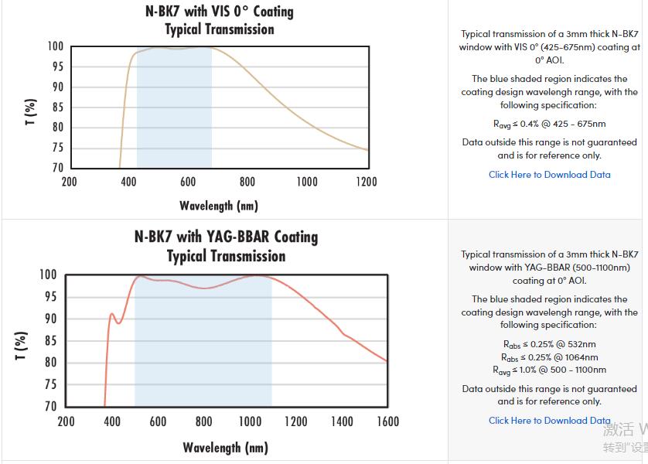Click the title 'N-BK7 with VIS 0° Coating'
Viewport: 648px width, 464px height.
coord(220,12)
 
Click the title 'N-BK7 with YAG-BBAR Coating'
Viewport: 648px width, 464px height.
coord(226,237)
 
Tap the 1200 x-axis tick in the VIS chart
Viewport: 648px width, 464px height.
coord(367,182)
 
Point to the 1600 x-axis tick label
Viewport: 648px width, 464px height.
coord(388,421)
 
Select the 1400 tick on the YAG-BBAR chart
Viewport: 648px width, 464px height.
coord(342,421)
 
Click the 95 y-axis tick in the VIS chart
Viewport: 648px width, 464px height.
coord(56,67)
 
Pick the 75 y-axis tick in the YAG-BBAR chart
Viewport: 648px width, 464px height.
coord(49,384)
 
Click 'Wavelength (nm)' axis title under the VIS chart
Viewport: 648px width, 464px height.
coord(219,206)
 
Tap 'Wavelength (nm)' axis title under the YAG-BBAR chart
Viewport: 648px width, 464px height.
coord(225,447)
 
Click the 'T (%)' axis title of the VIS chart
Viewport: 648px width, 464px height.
coord(30,112)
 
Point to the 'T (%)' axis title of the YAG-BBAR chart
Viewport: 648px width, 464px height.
coord(22,345)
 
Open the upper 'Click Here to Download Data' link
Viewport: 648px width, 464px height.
coord(549,175)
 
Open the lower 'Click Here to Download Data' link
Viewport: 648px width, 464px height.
coord(549,421)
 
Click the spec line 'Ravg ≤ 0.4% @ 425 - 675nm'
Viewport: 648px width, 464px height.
coord(549,124)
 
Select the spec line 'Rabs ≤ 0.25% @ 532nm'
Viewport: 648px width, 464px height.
coord(549,344)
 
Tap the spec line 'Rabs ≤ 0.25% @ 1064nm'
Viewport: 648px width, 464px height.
coord(549,357)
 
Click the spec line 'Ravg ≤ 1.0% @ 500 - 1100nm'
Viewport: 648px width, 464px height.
coord(549,370)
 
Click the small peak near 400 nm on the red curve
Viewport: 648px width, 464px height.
coord(112,314)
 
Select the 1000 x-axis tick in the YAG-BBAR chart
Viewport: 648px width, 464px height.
coord(250,421)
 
